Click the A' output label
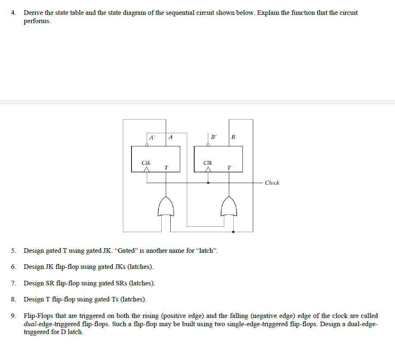pyautogui.click(x=152, y=137)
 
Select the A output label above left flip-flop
pyautogui.click(x=171, y=137)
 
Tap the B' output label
pyautogui.click(x=214, y=137)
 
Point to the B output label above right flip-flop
pyautogui.click(x=233, y=137)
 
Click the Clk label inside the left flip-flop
pyautogui.click(x=146, y=163)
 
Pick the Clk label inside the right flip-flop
pyautogui.click(x=208, y=163)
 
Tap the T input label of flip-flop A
pyautogui.click(x=166, y=167)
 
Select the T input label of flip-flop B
pyautogui.click(x=229, y=167)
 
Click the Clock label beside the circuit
pyautogui.click(x=272, y=183)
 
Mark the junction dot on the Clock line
pyautogui.click(x=208, y=182)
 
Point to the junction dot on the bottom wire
pyautogui.click(x=234, y=232)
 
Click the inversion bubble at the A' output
pyautogui.click(x=147, y=144)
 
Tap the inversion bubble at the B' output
pyautogui.click(x=208, y=144)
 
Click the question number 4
pyautogui.click(x=14, y=13)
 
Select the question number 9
pyautogui.click(x=14, y=316)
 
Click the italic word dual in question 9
pyautogui.click(x=30, y=324)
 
